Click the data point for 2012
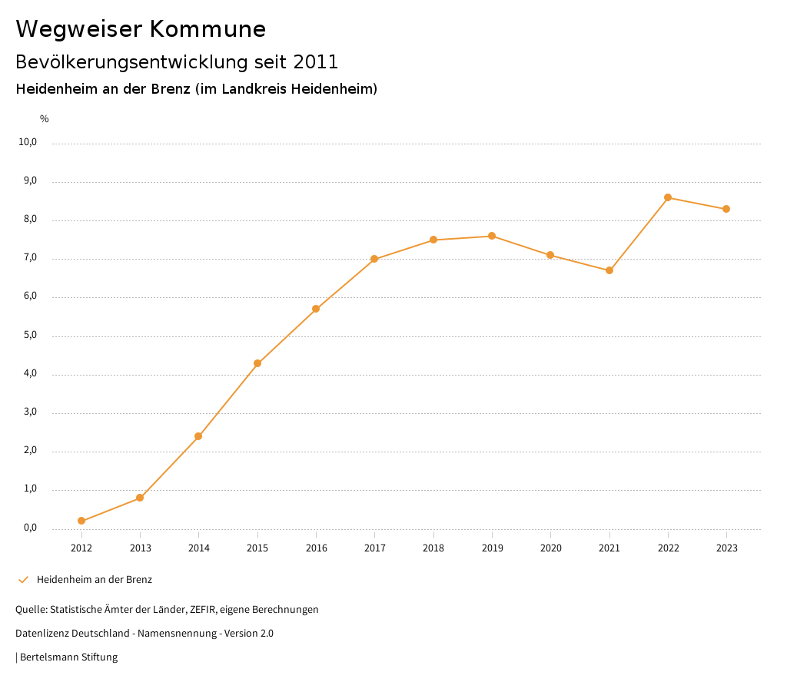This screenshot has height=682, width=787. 81,521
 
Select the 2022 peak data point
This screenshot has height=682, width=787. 668,197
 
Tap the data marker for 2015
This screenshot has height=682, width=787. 257,363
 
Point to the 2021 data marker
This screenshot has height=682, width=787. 609,270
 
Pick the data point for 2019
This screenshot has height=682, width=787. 492,236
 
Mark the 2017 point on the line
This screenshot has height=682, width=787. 374,259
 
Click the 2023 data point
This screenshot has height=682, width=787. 726,209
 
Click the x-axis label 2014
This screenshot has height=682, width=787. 199,548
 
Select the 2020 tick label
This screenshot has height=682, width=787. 550,548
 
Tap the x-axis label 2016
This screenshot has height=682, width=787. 316,548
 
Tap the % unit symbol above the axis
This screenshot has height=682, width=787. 45,119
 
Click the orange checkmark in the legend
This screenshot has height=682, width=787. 23,580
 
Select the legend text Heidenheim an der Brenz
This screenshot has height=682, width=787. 95,580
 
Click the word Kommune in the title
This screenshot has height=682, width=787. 207,29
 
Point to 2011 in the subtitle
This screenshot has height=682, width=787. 315,61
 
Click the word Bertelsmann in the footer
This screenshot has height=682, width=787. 50,657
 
